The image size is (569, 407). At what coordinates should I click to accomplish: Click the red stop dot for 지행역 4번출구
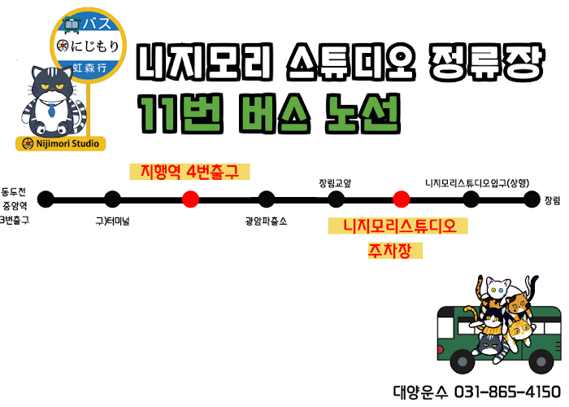pos(190,199)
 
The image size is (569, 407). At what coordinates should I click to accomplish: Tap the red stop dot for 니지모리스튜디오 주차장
pos(400,199)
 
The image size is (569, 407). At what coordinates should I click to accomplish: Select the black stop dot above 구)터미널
pos(112,199)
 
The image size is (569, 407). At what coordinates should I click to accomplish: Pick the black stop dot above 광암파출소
pos(266,199)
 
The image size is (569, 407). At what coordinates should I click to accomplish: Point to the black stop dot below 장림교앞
pos(336,199)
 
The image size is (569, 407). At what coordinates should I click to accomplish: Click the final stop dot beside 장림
pos(532,199)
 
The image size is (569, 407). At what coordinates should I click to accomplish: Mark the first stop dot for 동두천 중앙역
pos(46,199)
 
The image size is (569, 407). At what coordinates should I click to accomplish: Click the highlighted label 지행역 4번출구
pos(189,173)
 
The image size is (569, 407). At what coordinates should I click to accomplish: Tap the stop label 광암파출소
pos(266,221)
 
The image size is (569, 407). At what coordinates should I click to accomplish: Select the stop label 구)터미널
pos(112,221)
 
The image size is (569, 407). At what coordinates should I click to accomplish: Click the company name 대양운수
pos(416,390)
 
